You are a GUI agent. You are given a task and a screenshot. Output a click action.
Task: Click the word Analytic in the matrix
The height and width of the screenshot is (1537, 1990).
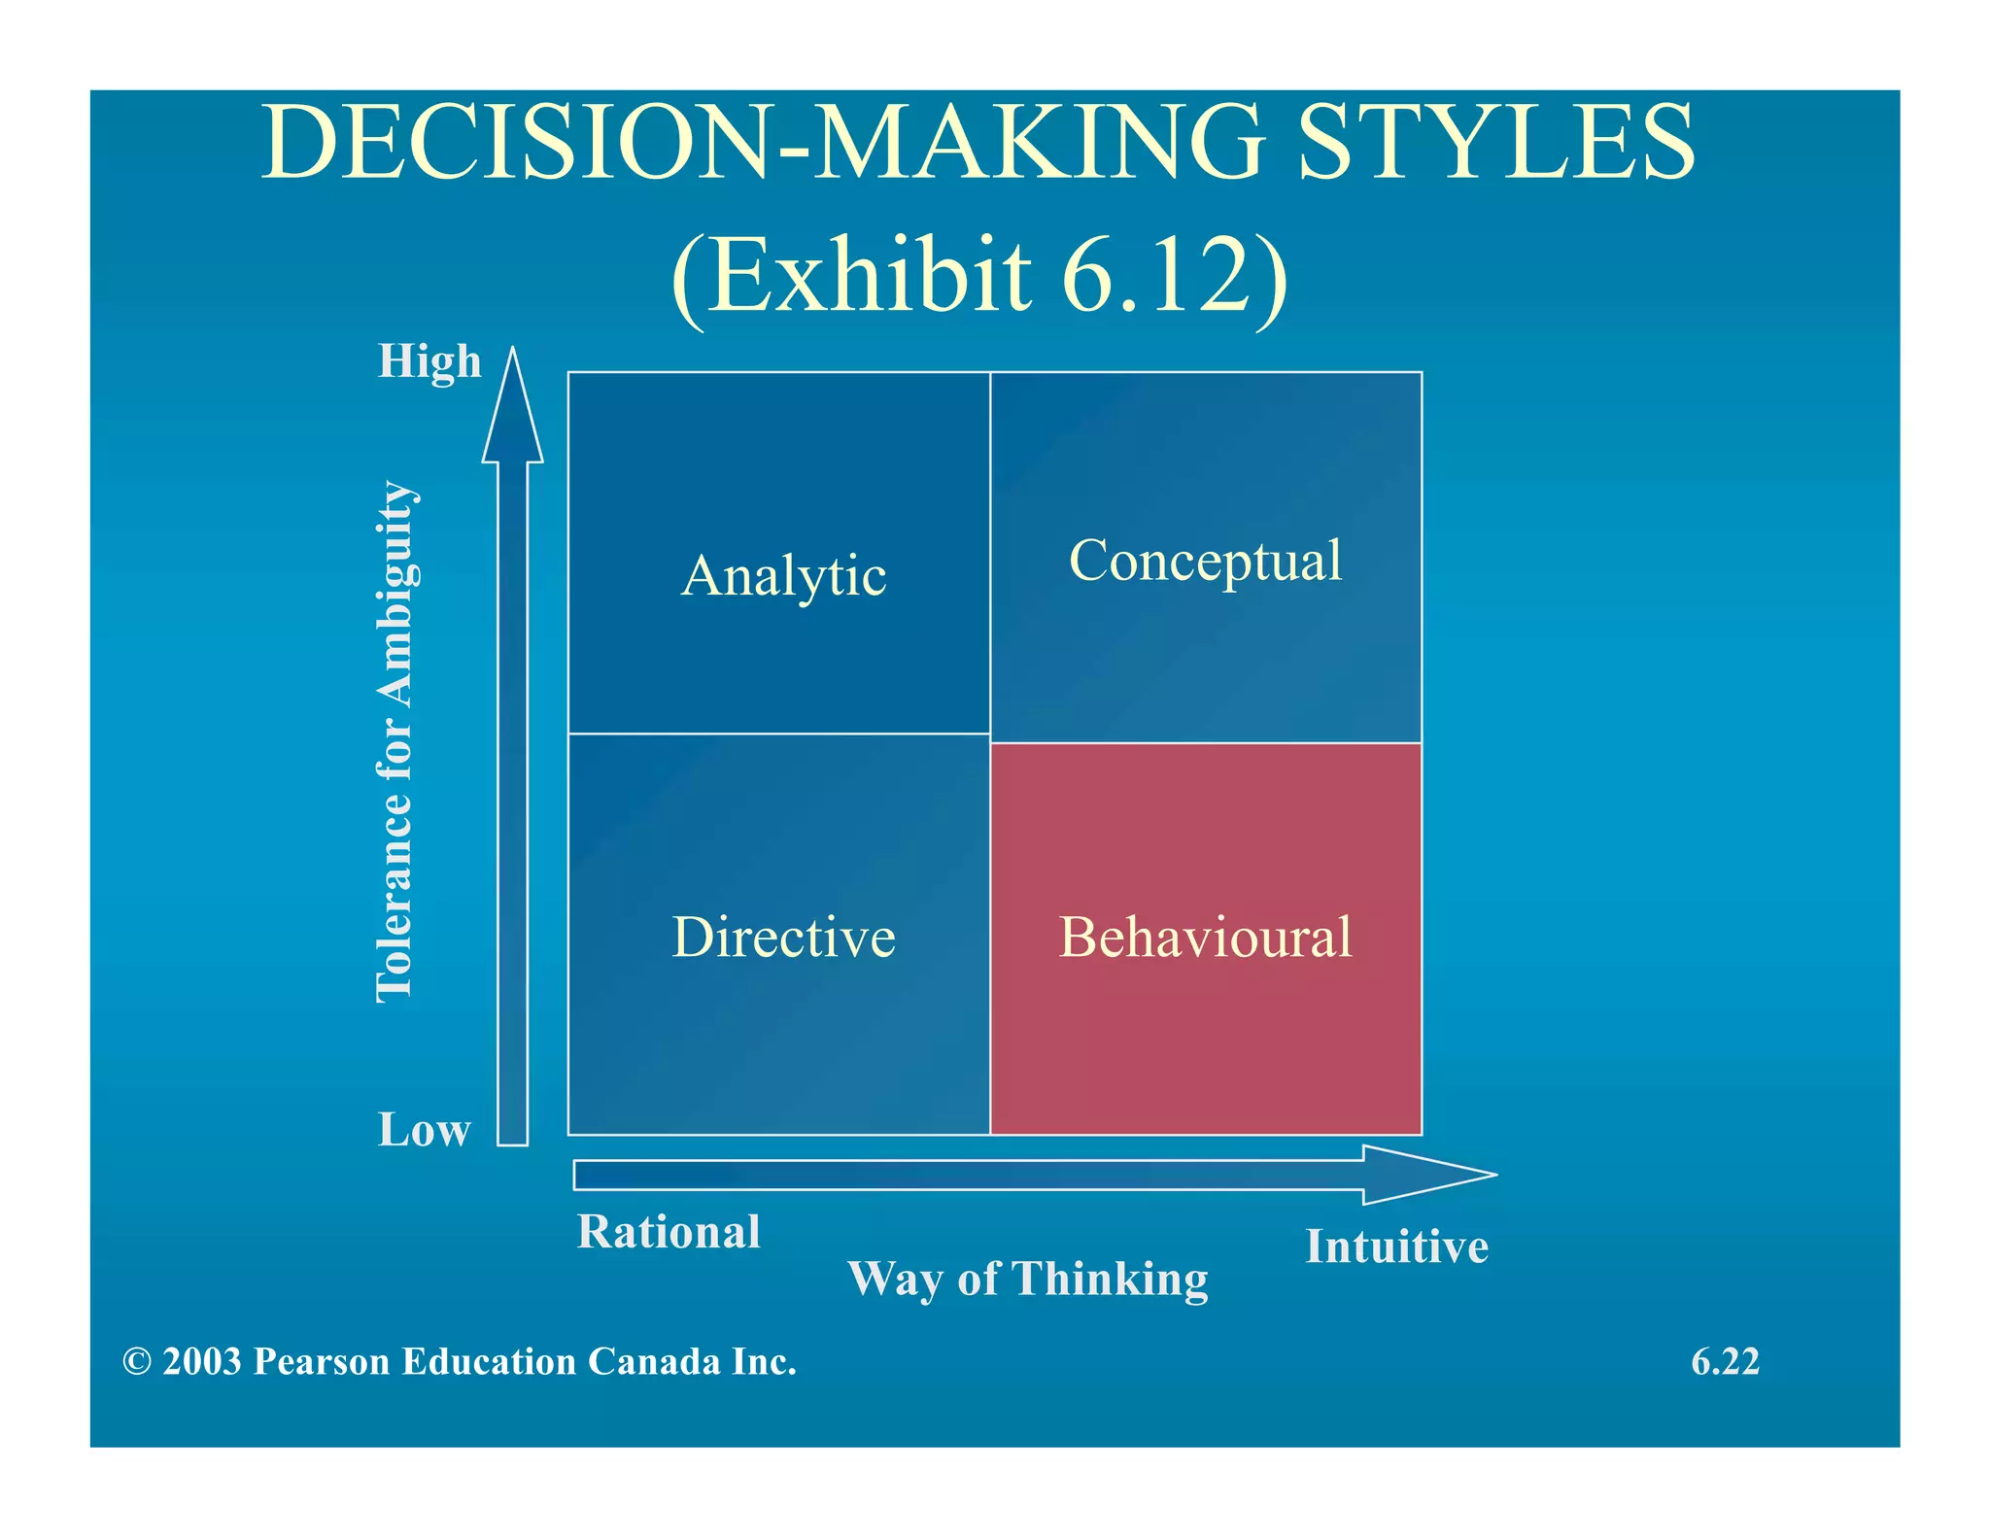(783, 576)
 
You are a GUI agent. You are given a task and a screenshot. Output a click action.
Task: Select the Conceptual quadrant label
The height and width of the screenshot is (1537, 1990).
(1205, 562)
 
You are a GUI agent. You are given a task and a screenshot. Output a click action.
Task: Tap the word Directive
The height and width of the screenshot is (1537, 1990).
(783, 938)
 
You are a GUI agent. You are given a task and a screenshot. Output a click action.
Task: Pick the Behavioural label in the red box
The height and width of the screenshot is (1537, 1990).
(1205, 938)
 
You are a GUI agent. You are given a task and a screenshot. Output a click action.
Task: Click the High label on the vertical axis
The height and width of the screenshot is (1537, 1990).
(429, 361)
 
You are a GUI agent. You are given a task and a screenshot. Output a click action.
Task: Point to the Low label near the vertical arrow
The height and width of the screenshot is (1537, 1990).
(424, 1130)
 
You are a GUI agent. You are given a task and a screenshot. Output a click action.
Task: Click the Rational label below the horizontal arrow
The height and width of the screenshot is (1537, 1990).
(669, 1232)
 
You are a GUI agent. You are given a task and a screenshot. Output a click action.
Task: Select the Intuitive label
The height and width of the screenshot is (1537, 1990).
(1396, 1247)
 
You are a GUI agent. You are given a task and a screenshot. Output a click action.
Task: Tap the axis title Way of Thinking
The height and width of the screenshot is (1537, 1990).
(1027, 1279)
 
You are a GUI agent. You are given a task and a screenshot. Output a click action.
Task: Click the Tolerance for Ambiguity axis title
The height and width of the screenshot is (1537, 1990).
(396, 741)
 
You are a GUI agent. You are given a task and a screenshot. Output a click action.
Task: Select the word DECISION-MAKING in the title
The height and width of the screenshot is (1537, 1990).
(763, 143)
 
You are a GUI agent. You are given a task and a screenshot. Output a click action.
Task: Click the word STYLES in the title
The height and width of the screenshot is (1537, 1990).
(1496, 143)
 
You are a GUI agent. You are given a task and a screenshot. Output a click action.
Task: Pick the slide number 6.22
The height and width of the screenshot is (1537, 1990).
(1725, 1362)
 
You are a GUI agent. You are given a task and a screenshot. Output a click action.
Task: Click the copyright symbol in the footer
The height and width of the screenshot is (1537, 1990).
(137, 1362)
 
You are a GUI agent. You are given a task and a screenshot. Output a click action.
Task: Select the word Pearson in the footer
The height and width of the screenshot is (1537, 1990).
(322, 1362)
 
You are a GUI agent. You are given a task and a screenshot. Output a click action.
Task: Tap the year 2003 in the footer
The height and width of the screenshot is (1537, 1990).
(202, 1362)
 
